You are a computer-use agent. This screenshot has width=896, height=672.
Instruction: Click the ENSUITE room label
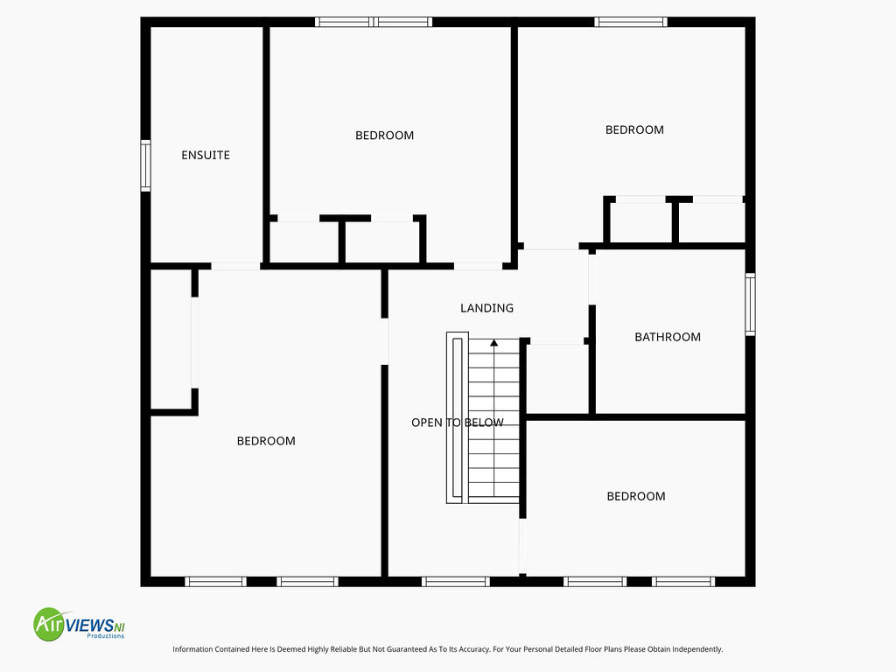tap(205, 155)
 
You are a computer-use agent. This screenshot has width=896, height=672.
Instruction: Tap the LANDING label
tap(486, 308)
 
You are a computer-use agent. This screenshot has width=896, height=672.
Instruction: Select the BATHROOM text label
tap(668, 337)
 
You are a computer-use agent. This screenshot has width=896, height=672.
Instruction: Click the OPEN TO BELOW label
tap(457, 423)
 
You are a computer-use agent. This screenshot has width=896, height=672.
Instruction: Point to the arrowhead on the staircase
tap(493, 343)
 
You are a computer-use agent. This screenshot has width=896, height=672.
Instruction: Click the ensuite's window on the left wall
tap(146, 165)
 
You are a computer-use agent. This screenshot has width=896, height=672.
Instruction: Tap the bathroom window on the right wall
tap(750, 304)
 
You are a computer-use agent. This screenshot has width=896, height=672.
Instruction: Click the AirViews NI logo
tap(80, 624)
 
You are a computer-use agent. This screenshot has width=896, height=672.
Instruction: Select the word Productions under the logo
tap(105, 636)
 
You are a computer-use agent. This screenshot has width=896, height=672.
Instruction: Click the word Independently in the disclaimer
tap(697, 649)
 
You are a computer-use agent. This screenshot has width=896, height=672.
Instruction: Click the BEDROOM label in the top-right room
tap(634, 129)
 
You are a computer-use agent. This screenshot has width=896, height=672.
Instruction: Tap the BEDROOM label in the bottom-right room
tap(636, 496)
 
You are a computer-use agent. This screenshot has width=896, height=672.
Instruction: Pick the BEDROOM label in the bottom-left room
tap(266, 441)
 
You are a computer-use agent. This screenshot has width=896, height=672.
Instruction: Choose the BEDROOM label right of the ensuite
tap(385, 136)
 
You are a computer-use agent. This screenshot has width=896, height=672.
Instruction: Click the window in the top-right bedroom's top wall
tap(631, 22)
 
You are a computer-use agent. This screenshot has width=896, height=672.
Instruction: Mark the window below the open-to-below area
tap(455, 582)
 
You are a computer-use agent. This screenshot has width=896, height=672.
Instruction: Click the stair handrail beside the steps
tap(457, 417)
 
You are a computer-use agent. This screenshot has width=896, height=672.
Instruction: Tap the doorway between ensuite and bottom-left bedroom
tap(235, 266)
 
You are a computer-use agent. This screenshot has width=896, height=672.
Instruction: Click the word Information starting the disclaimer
tap(192, 649)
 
